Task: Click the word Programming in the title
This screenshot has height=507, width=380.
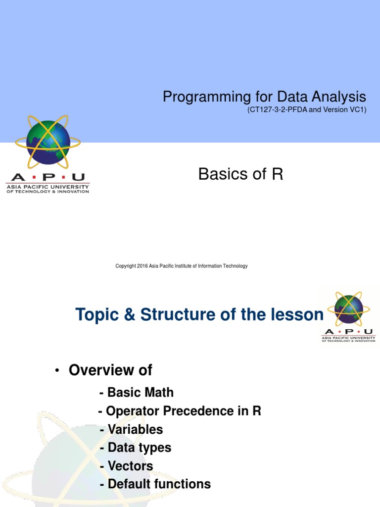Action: click(x=206, y=97)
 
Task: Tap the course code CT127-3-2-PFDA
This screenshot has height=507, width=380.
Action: click(x=279, y=109)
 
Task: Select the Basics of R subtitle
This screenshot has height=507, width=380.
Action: click(x=241, y=174)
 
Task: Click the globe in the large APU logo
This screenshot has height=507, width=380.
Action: click(x=48, y=142)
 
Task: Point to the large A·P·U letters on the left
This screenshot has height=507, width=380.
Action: click(x=48, y=177)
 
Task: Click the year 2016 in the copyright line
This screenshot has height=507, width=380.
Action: click(x=142, y=266)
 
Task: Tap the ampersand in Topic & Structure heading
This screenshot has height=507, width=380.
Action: click(x=129, y=314)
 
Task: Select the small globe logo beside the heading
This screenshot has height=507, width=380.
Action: click(x=349, y=309)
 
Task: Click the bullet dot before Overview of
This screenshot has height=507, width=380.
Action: click(x=57, y=370)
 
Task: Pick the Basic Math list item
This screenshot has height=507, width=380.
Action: click(x=137, y=392)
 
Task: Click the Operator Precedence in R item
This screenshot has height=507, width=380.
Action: click(x=180, y=411)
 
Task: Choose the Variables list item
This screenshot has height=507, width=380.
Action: click(x=132, y=429)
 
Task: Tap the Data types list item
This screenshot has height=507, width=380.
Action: click(x=136, y=448)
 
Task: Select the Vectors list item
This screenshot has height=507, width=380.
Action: click(x=126, y=466)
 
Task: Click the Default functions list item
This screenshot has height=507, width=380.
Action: click(x=155, y=484)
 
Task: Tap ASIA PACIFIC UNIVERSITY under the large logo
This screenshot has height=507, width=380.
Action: click(x=48, y=187)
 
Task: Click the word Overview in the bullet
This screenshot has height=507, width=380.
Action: click(x=101, y=370)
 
